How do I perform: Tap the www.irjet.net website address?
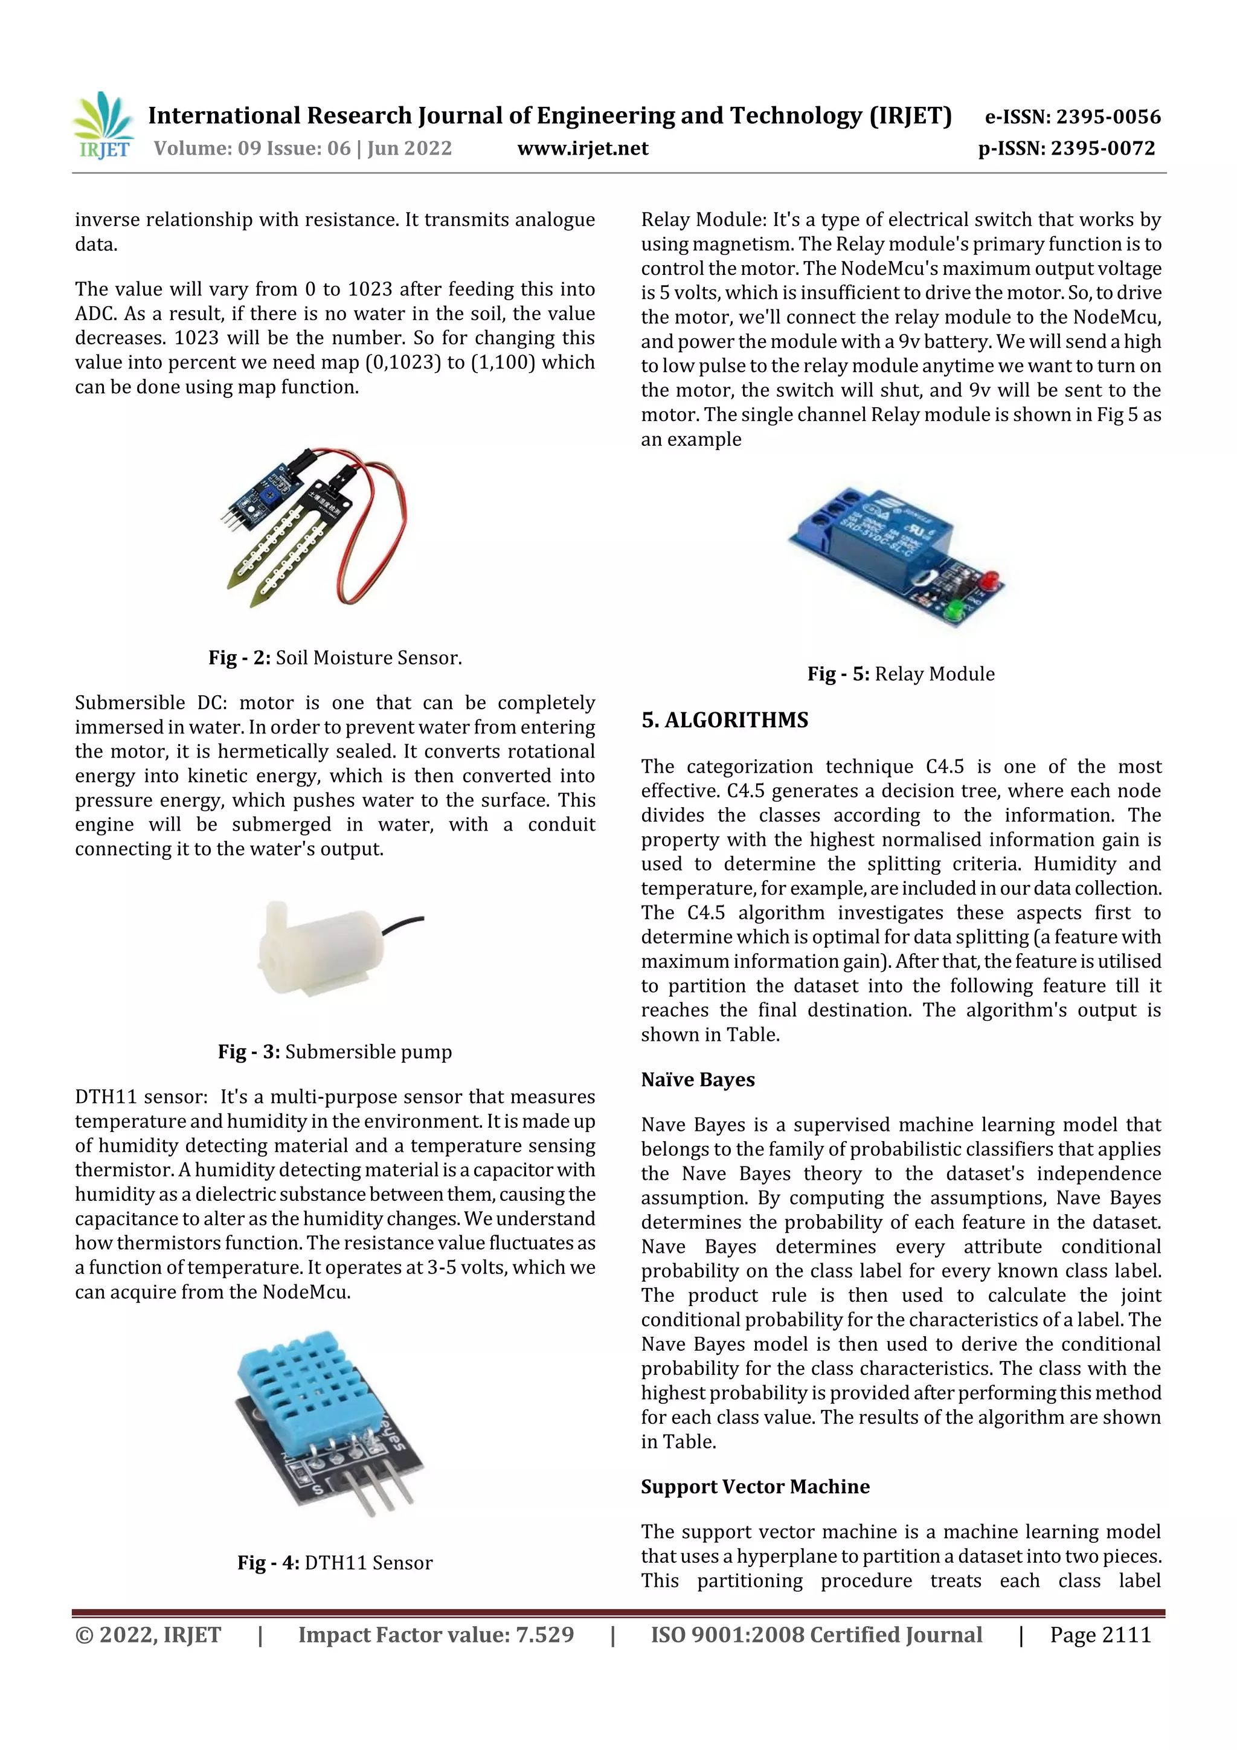pos(583,148)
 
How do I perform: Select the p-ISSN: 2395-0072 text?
pos(1066,148)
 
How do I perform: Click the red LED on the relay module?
pos(991,580)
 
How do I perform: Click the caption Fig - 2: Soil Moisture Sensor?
pos(335,658)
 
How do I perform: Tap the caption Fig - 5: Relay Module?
pos(901,674)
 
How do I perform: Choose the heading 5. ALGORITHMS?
pos(724,720)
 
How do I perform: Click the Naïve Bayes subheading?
pos(698,1079)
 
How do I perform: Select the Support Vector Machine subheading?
pos(754,1486)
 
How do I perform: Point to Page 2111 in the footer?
pos(1100,1634)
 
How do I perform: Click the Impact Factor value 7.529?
pos(436,1634)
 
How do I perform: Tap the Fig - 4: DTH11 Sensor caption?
pos(335,1563)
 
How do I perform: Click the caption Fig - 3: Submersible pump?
pos(335,1052)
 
